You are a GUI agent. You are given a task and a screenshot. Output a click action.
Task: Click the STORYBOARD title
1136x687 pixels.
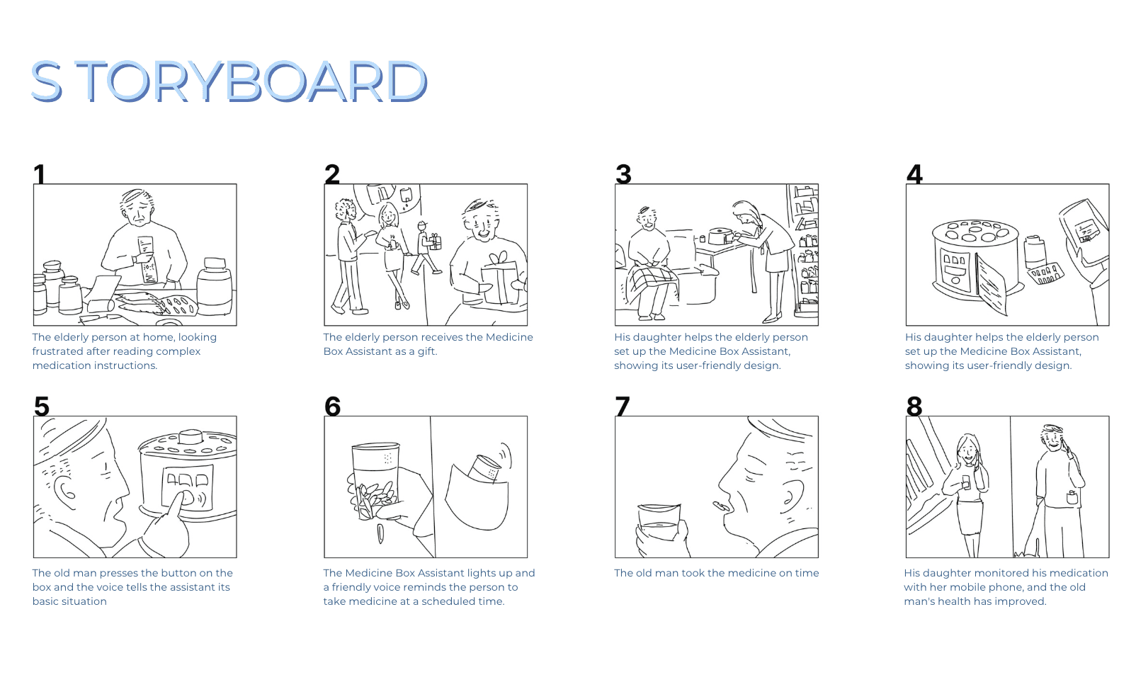pyautogui.click(x=229, y=81)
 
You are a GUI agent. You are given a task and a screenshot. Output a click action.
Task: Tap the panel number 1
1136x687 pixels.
pyautogui.click(x=40, y=174)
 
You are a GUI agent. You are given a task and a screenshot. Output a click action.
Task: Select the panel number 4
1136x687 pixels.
pyautogui.click(x=914, y=174)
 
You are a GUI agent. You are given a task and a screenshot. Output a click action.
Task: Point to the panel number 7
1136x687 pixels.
pyautogui.click(x=623, y=406)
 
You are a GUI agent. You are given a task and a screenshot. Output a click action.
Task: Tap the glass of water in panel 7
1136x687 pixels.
pyautogui.click(x=658, y=523)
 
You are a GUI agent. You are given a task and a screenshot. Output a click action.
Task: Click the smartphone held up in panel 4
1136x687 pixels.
pyautogui.click(x=1084, y=232)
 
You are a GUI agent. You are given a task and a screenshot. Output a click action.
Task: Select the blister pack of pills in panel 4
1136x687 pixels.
pyautogui.click(x=1045, y=273)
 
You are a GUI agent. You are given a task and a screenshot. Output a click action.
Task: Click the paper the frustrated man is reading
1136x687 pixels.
pyautogui.click(x=147, y=259)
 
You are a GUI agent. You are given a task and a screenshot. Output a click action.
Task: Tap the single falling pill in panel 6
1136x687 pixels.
pyautogui.click(x=381, y=534)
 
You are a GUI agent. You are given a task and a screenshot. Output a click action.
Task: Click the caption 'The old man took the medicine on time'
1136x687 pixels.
pyautogui.click(x=716, y=573)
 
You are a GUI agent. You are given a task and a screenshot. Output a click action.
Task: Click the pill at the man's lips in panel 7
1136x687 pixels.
pyautogui.click(x=720, y=506)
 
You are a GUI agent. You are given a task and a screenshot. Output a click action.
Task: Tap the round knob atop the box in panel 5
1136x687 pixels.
pyautogui.click(x=191, y=436)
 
